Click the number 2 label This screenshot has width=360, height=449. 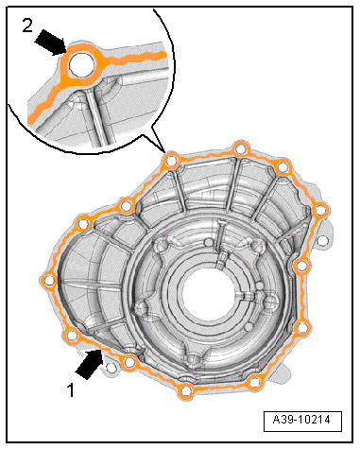coord(27,26)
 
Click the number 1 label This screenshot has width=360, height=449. coord(71,390)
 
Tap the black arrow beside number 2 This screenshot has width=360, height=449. coord(50,42)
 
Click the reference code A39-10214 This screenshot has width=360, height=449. coord(302,420)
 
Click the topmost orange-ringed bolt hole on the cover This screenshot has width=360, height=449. coord(240,148)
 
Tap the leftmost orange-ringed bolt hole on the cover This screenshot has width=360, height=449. coord(49,280)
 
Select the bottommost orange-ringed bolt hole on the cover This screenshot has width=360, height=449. coord(185,391)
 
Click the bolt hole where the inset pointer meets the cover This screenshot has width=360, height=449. coord(171,161)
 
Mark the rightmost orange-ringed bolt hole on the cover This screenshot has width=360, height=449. coord(321,210)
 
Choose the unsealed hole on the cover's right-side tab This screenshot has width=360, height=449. coord(322,241)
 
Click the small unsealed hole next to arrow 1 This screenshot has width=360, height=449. coord(111,368)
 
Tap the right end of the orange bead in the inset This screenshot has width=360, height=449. coord(163,56)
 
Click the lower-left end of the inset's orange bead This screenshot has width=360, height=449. coord(31,119)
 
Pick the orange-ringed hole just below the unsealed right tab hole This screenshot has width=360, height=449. coord(301,267)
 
